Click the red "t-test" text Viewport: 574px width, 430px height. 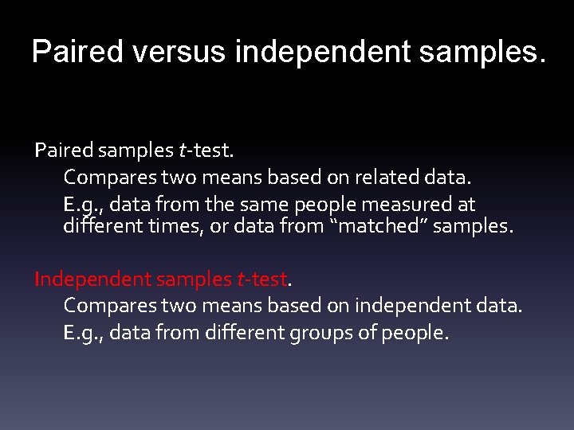261,279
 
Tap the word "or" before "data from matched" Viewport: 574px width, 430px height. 219,226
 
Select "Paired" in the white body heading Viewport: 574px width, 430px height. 60,149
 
